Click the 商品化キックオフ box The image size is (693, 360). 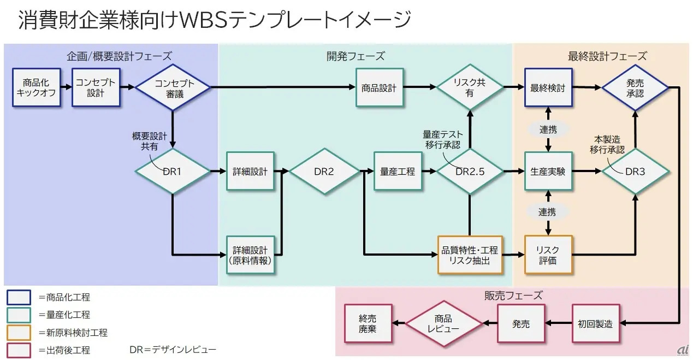(36, 87)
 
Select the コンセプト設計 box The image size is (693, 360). (96, 87)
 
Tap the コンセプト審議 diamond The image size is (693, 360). (173, 87)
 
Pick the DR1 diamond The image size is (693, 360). (173, 172)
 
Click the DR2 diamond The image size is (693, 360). (324, 172)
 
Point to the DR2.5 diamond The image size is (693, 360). (470, 172)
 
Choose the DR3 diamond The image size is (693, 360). (635, 172)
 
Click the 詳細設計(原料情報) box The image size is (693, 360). (250, 255)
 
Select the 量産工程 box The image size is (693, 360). (397, 172)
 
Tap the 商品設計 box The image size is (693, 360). (379, 87)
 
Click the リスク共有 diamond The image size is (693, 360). (470, 87)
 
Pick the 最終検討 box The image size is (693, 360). (548, 87)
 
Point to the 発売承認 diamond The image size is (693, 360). (635, 87)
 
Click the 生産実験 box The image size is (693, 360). (548, 172)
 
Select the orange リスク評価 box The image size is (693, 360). (548, 255)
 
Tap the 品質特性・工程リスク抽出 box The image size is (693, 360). (470, 255)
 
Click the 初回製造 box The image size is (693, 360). (595, 323)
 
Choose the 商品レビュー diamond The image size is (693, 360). (443, 323)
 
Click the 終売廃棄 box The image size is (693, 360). (368, 323)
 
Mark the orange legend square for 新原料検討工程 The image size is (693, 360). (19, 332)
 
